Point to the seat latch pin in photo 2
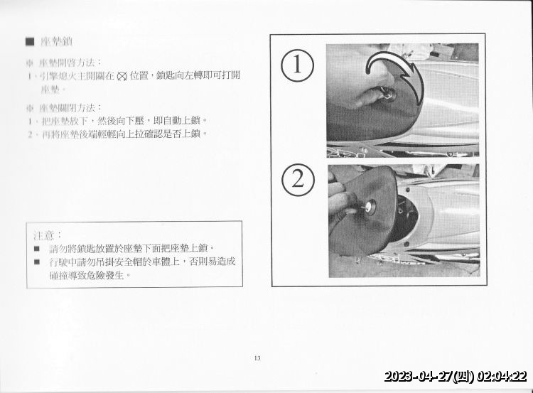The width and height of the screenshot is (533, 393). [368, 208]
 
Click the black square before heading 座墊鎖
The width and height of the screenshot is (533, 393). [29, 41]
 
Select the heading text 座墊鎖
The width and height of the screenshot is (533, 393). [56, 41]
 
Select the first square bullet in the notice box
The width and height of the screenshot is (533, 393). [37, 249]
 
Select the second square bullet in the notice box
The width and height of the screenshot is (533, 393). [37, 262]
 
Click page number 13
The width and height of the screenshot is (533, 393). [257, 357]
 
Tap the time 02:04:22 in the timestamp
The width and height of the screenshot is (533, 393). [502, 377]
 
